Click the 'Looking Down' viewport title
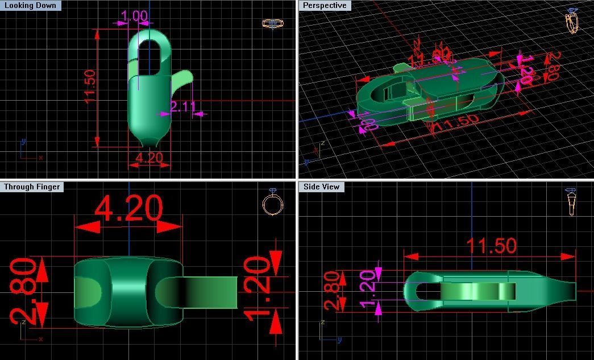click(x=30, y=6)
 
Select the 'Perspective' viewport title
click(x=324, y=6)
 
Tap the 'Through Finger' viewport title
click(x=31, y=187)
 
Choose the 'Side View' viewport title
click(x=321, y=187)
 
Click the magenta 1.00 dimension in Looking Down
click(x=135, y=16)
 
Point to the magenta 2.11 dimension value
click(x=183, y=106)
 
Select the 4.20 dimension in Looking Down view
click(x=149, y=158)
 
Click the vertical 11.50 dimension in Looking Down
click(x=90, y=86)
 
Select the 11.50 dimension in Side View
click(x=491, y=246)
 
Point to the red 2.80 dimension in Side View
click(x=333, y=290)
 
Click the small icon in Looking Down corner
click(x=272, y=23)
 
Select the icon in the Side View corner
click(x=571, y=202)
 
